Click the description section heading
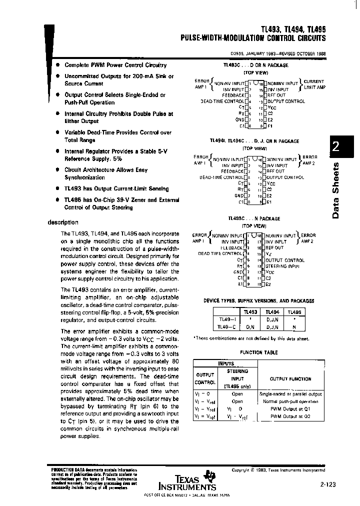coord(63,222)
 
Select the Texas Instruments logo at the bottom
coord(187,481)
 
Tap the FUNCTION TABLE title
coord(258,352)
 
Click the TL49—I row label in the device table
coord(228,318)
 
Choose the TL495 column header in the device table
coord(295,311)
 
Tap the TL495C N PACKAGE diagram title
coord(254,218)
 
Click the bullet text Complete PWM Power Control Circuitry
coord(115,65)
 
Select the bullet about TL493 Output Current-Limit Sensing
coord(116,188)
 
